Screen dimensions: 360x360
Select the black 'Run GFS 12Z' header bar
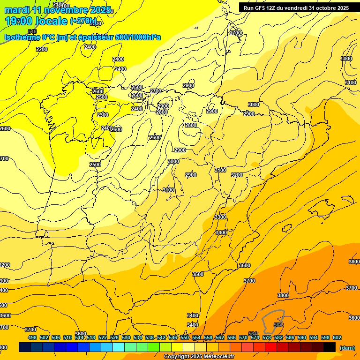pyautogui.click(x=296, y=7)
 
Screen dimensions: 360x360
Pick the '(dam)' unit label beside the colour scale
pyautogui.click(x=347, y=347)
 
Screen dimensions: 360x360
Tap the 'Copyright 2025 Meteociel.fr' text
pyautogui.click(x=199, y=357)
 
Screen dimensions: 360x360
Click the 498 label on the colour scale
pyautogui.click(x=32, y=337)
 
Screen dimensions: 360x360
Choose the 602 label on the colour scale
pyautogui.click(x=337, y=337)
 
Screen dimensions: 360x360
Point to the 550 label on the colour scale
pyautogui.click(x=185, y=337)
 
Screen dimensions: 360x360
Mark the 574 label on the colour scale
pyautogui.click(x=255, y=337)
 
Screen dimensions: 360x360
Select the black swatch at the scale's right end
pyautogui.click(x=330, y=347)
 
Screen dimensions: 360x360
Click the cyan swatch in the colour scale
pyautogui.click(x=119, y=347)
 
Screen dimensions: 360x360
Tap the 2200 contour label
pyautogui.click(x=42, y=49)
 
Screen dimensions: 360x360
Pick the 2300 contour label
pyautogui.click(x=103, y=115)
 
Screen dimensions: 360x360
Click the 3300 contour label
pyautogui.click(x=220, y=217)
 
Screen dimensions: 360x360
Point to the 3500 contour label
pyautogui.click(x=198, y=274)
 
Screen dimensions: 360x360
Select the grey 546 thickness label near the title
pyautogui.click(x=32, y=31)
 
